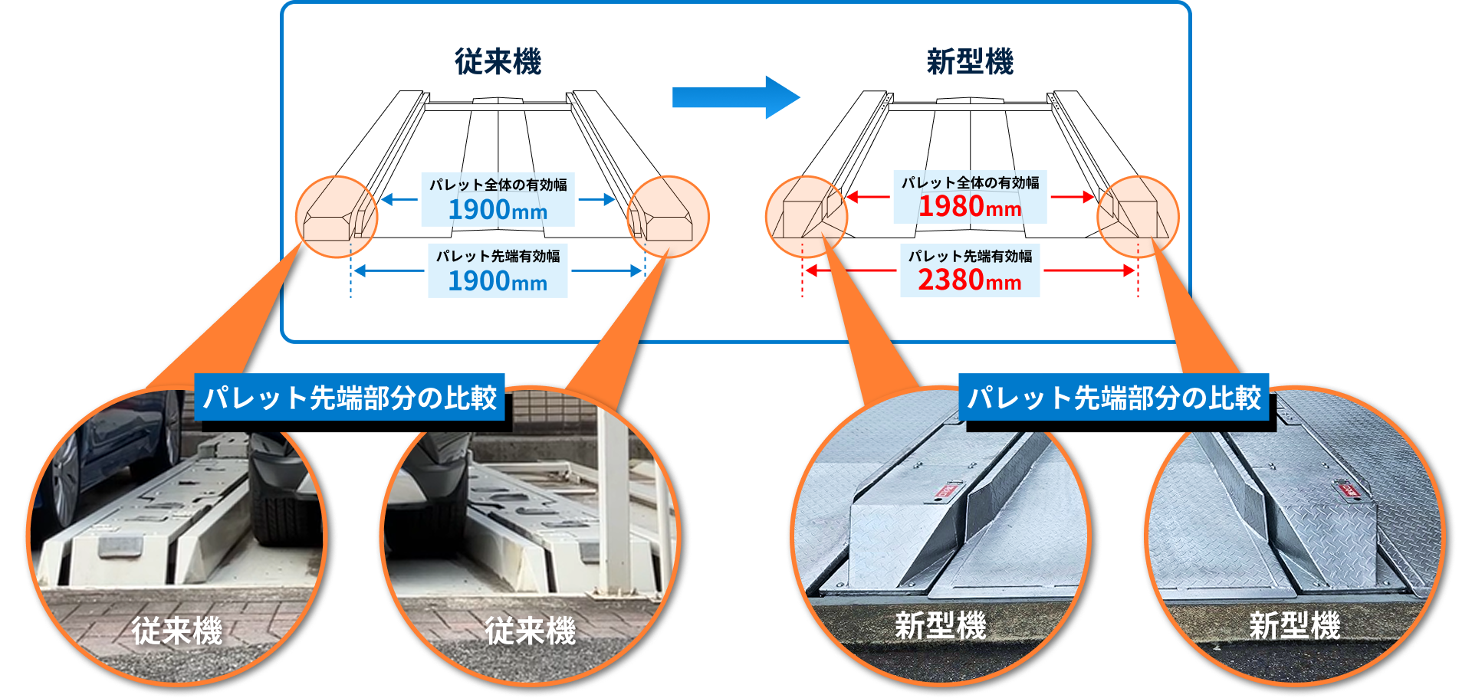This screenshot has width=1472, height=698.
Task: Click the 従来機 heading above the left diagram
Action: click(498, 62)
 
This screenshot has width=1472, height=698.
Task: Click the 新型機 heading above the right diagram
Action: click(970, 62)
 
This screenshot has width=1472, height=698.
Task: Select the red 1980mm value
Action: click(970, 207)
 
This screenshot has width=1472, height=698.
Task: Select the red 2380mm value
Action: click(970, 280)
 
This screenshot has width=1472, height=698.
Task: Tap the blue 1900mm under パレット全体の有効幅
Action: click(498, 210)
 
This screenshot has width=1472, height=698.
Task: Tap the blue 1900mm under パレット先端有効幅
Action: click(498, 282)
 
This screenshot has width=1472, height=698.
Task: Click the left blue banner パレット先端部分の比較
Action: click(350, 398)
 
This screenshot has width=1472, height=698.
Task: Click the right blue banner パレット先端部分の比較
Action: click(1114, 398)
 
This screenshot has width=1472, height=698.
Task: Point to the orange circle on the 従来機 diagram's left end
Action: click(337, 217)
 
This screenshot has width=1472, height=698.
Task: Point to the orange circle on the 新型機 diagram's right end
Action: click(1138, 217)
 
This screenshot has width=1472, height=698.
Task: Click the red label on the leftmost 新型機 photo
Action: click(948, 490)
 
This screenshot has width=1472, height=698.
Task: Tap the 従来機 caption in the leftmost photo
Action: click(177, 631)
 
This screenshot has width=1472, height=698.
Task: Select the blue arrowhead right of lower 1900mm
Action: click(636, 270)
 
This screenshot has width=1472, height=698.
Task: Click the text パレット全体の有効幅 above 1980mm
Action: click(970, 183)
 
